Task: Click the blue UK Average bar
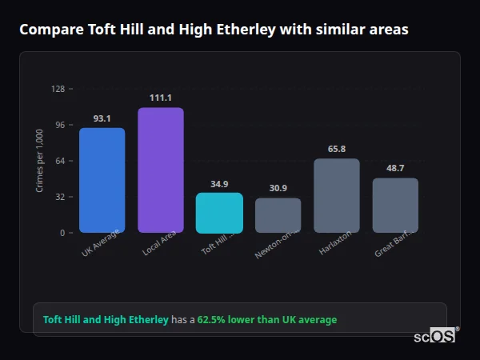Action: pyautogui.click(x=102, y=180)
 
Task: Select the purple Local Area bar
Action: pyautogui.click(x=161, y=170)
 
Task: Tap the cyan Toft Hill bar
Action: pyautogui.click(x=219, y=213)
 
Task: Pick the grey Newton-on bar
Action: pyautogui.click(x=278, y=215)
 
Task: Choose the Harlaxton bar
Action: pyautogui.click(x=337, y=195)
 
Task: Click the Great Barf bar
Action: pyautogui.click(x=395, y=206)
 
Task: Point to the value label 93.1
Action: pyautogui.click(x=102, y=118)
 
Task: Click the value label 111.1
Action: pyautogui.click(x=161, y=98)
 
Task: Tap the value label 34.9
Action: pyautogui.click(x=219, y=183)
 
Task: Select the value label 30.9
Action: pyautogui.click(x=278, y=188)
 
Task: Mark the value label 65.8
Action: pyautogui.click(x=337, y=149)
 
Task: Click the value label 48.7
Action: pyautogui.click(x=395, y=168)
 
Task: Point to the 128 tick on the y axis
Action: pyautogui.click(x=58, y=89)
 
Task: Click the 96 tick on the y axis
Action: pyautogui.click(x=60, y=125)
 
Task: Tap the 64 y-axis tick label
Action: pyautogui.click(x=60, y=161)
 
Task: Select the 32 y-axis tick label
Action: pyautogui.click(x=60, y=197)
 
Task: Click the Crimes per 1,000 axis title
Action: pyautogui.click(x=40, y=161)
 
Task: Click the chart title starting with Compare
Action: pyautogui.click(x=214, y=30)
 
